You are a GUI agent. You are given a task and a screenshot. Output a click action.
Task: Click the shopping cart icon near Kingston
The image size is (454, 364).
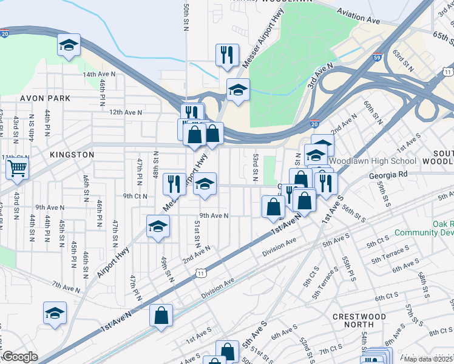[18, 167]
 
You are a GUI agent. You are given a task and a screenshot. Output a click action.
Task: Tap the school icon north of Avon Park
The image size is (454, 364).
[69, 45]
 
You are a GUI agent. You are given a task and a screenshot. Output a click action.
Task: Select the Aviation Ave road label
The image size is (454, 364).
[357, 16]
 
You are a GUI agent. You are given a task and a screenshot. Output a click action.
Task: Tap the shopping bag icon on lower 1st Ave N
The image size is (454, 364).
[161, 315]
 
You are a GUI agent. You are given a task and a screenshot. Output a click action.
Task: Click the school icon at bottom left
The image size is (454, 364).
[55, 314]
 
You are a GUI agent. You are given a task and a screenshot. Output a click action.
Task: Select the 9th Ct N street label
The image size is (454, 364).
[135, 196]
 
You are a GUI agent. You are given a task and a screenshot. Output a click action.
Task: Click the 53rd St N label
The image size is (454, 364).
[256, 167]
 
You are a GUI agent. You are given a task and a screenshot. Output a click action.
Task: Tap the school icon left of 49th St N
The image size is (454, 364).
[158, 226]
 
